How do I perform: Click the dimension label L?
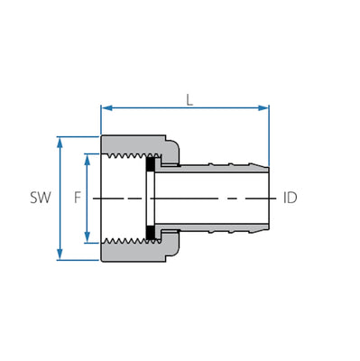coord(189,99)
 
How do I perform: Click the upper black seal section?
coord(152,163)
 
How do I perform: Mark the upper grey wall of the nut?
coord(135,144)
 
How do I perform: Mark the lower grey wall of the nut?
coord(135,253)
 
